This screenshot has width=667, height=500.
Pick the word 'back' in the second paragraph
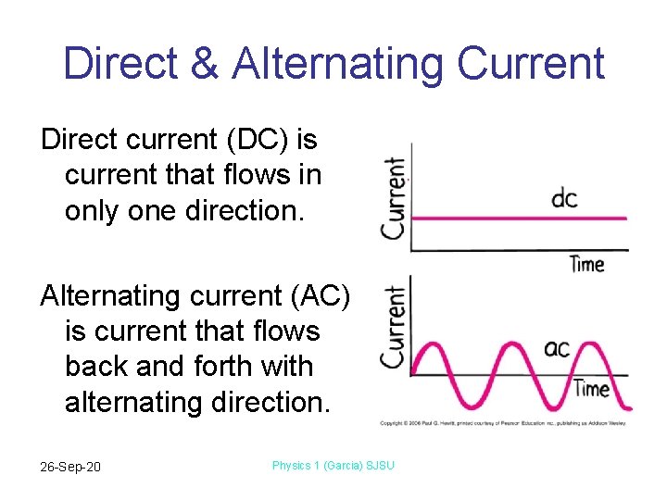[x=96, y=367]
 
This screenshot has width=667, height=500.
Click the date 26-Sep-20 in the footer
[x=70, y=466]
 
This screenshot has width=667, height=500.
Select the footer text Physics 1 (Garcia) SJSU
[x=333, y=465]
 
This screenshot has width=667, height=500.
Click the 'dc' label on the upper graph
[x=564, y=199]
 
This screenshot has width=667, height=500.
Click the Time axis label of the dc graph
[x=586, y=264]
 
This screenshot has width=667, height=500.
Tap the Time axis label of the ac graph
[x=591, y=388]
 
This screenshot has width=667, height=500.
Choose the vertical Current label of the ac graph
[x=395, y=326]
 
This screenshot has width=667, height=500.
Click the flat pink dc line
[x=519, y=219]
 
